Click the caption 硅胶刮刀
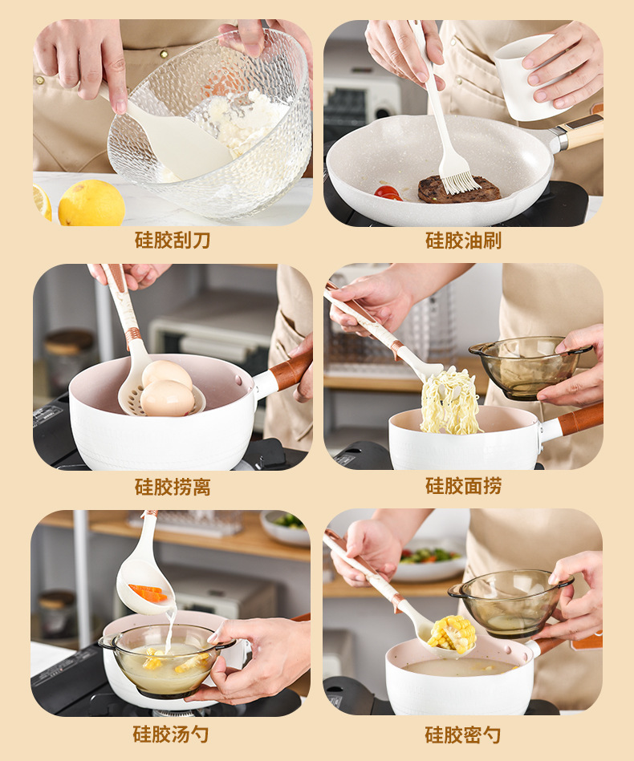pos(173,241)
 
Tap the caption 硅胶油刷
pos(463,241)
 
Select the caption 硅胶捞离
pos(173,487)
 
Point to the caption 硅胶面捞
pos(463,486)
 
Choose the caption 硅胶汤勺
pos(170,734)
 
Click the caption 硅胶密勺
pos(462,735)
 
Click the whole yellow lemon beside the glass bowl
pos(91,203)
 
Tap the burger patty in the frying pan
pos(459,189)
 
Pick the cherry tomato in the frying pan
pos(388,192)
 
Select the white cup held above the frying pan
pos(527,78)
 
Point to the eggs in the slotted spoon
pos(167,388)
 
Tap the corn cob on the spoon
pos(453,633)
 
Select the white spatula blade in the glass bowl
pos(177,141)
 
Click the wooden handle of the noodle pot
pos(580,419)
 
